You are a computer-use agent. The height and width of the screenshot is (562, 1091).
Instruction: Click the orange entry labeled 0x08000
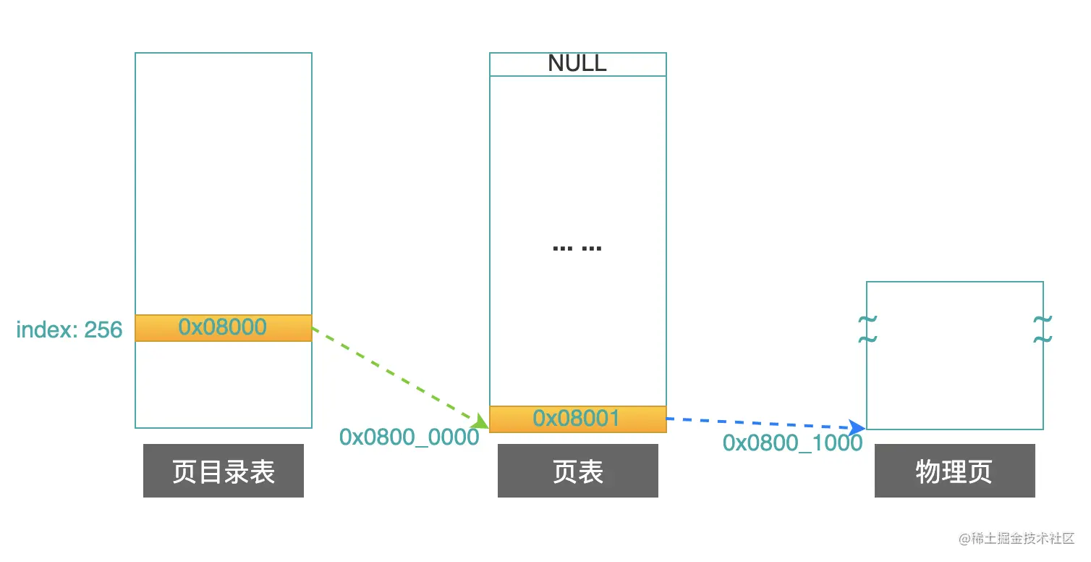click(223, 327)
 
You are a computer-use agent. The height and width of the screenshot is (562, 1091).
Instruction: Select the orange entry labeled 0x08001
click(577, 419)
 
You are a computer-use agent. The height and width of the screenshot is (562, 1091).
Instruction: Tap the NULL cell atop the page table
click(577, 64)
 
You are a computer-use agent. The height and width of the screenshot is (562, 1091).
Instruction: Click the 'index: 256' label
click(69, 330)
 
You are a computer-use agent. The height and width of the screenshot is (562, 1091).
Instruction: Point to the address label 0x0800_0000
click(409, 437)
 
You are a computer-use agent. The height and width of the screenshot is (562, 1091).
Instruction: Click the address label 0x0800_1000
click(792, 443)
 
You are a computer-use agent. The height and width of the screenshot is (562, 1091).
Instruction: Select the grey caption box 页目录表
click(223, 471)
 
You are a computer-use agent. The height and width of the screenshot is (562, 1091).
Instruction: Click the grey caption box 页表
click(577, 471)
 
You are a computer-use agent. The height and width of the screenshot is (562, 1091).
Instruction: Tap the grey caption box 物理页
click(954, 471)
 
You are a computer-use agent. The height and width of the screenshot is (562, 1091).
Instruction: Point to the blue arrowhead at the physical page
click(859, 427)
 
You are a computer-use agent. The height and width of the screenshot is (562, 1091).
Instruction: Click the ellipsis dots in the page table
click(577, 248)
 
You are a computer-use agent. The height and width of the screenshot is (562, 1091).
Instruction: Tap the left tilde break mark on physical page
click(867, 329)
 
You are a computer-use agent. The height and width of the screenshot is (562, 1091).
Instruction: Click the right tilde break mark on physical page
click(1043, 329)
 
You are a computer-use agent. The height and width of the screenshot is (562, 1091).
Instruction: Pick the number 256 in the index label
click(103, 330)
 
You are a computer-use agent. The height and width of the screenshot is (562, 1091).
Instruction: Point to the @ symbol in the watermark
click(964, 540)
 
